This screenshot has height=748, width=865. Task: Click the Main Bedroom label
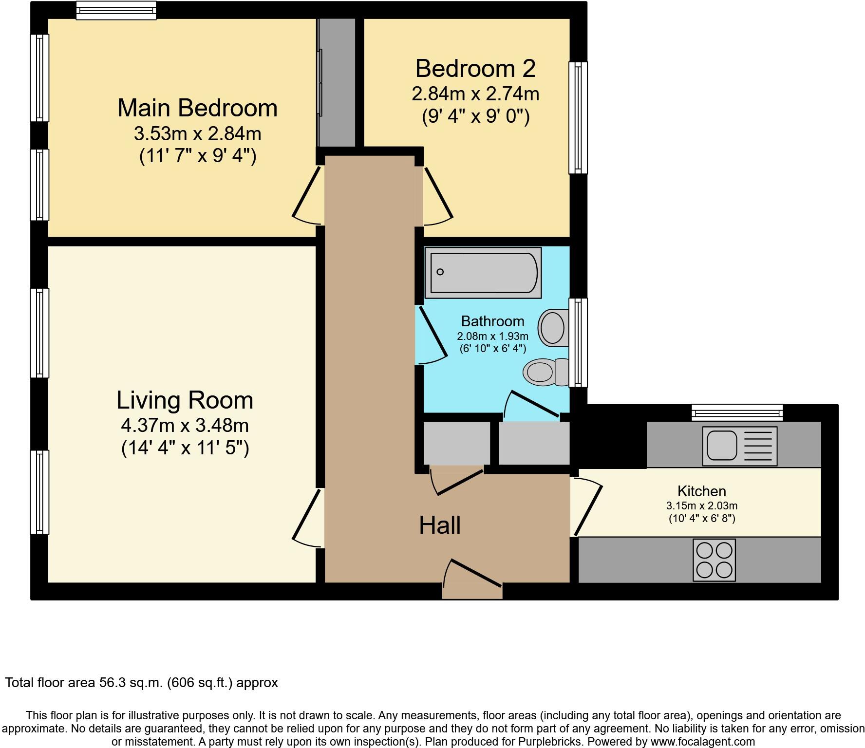click(x=197, y=108)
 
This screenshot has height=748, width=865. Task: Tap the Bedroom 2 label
click(x=475, y=69)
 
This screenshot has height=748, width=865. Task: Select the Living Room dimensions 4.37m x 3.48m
click(x=185, y=426)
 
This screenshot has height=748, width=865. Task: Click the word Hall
click(x=440, y=525)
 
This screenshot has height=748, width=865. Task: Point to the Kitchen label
click(x=701, y=491)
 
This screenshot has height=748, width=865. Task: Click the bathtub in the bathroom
click(x=483, y=273)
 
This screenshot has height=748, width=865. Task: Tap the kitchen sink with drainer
click(x=739, y=446)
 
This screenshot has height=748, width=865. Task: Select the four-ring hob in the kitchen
click(x=714, y=560)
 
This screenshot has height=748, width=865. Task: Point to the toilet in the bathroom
click(x=545, y=372)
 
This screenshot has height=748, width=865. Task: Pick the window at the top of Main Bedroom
click(x=116, y=10)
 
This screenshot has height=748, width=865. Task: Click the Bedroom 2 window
click(x=578, y=117)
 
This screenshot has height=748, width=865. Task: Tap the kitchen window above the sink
click(x=737, y=412)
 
